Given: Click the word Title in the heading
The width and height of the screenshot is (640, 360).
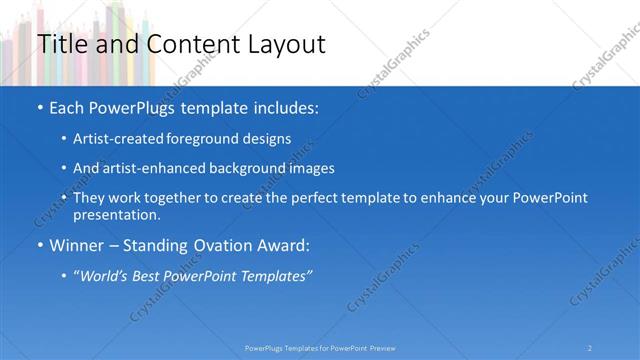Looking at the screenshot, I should point(58,44).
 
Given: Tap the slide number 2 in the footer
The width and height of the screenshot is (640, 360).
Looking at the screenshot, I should point(590,347).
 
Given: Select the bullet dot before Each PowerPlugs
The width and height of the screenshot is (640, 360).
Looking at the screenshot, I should point(39,107).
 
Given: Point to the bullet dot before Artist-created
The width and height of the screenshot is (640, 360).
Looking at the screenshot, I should point(64,139).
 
